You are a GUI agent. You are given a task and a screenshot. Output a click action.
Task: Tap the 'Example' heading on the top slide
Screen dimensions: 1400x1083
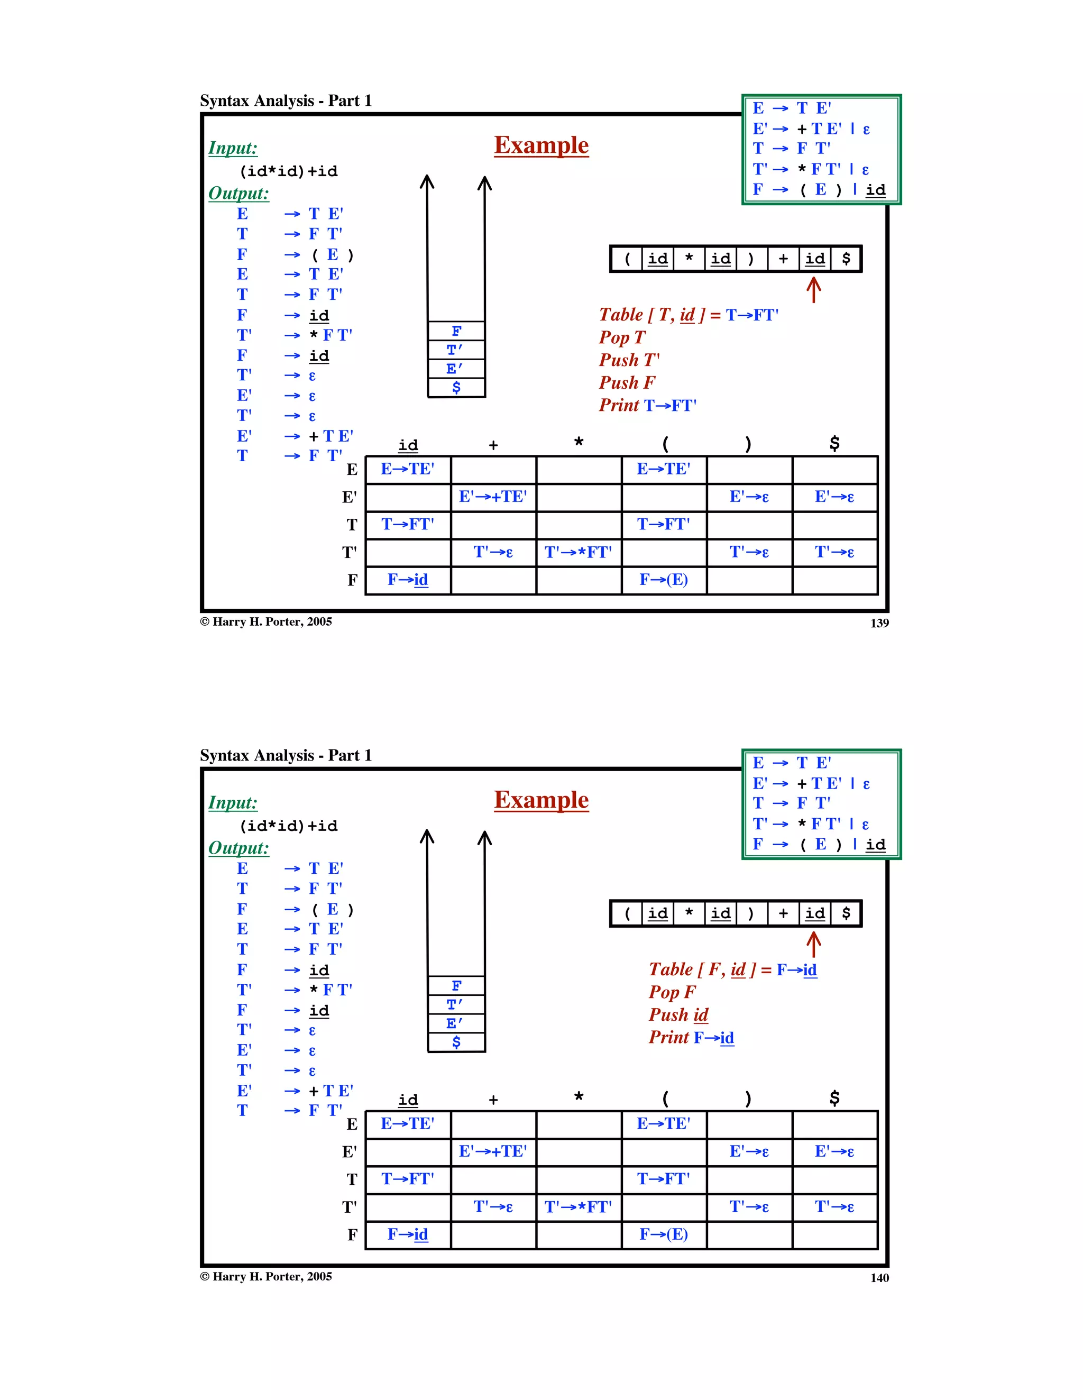pyautogui.click(x=541, y=145)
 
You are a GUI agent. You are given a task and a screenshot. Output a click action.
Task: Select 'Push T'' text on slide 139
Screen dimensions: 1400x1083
pyautogui.click(x=629, y=360)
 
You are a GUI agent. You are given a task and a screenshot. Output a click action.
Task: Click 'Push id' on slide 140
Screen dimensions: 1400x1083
pyautogui.click(x=678, y=1015)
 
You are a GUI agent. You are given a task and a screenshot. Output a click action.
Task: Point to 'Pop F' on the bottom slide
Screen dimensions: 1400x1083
pyautogui.click(x=672, y=992)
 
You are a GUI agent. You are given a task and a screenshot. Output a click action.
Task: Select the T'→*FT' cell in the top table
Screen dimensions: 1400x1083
pyautogui.click(x=578, y=552)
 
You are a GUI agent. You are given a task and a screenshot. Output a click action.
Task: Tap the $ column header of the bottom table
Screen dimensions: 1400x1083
pyautogui.click(x=834, y=1098)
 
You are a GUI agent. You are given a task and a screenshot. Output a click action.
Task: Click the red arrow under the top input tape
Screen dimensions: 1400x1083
pyautogui.click(x=813, y=290)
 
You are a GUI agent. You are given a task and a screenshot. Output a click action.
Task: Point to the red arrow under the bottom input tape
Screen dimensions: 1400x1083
pyautogui.click(x=813, y=944)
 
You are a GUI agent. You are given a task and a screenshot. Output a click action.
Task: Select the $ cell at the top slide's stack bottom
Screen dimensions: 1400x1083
pyautogui.click(x=456, y=387)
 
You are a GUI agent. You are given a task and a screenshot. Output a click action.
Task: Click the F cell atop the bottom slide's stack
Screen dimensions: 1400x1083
pyautogui.click(x=456, y=986)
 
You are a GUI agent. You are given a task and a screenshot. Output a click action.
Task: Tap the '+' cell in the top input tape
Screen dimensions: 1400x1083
pyautogui.click(x=783, y=259)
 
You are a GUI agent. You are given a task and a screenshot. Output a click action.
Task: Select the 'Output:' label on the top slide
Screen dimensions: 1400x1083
pyautogui.click(x=238, y=193)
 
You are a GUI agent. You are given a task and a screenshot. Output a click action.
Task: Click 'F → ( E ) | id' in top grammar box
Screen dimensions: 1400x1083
pyautogui.click(x=819, y=190)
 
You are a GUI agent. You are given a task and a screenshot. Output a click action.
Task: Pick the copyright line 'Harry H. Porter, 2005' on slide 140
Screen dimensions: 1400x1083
pyautogui.click(x=266, y=1276)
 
